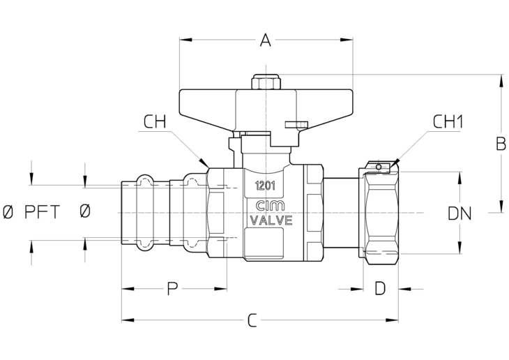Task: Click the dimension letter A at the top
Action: click(x=266, y=40)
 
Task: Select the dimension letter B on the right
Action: click(x=501, y=144)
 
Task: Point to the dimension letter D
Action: click(x=380, y=289)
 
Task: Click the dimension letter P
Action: click(x=173, y=289)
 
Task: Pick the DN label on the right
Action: click(x=459, y=213)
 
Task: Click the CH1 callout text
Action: click(x=448, y=122)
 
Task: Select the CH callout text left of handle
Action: click(x=155, y=122)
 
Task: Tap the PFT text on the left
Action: click(x=43, y=212)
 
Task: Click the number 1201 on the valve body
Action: click(x=265, y=186)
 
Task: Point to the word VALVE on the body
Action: click(x=271, y=220)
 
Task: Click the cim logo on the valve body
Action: click(x=270, y=205)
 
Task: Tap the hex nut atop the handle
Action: click(x=266, y=82)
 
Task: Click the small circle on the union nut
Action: click(x=378, y=167)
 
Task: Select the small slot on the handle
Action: click(x=296, y=124)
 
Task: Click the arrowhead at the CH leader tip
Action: click(x=204, y=162)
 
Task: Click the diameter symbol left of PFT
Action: click(x=8, y=212)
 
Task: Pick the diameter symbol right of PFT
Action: click(x=85, y=211)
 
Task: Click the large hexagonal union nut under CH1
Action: click(x=380, y=213)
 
